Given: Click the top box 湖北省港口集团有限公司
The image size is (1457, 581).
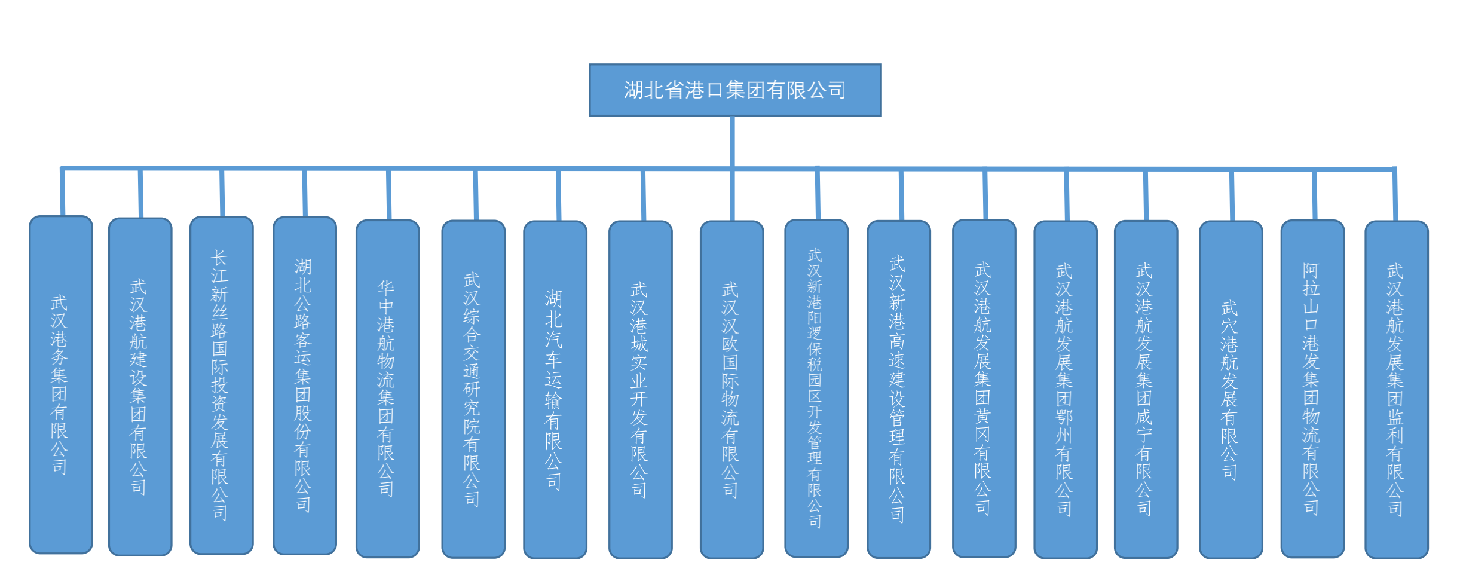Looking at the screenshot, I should coord(734,90).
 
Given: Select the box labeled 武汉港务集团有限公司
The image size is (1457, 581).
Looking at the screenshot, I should coord(61,384).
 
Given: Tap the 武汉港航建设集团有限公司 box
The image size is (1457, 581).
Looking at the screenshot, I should coord(140,387).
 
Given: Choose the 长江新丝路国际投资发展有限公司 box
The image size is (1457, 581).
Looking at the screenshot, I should coord(221,385).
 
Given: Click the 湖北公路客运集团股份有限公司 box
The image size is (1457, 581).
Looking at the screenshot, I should coord(304,386).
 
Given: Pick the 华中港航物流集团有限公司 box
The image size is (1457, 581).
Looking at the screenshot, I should coord(387,389).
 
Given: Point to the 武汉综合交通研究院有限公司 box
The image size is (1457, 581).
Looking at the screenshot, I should coord(473,389).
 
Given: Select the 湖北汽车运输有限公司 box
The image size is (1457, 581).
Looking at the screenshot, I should coord(555,390).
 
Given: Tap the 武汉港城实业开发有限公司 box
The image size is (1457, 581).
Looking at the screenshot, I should coord(640,390).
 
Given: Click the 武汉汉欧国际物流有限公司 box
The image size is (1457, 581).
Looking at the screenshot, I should coord(731,390).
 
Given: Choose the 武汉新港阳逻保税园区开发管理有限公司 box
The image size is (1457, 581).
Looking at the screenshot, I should coord(816,388).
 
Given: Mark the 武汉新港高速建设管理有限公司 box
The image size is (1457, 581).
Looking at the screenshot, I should coord(898,389).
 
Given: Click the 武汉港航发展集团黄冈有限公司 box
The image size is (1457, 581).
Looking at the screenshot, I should coord(984,389).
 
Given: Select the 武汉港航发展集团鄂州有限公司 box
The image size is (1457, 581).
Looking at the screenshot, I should coord(1065,390).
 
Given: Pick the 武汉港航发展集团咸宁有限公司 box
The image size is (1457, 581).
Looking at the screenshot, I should coord(1146,389).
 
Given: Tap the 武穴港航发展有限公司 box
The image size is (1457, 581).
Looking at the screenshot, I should coord(1231,390).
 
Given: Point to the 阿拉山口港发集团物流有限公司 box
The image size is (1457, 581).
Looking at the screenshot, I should coord(1312,389).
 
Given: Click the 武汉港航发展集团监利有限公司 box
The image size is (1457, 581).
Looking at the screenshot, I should coord(1396,390).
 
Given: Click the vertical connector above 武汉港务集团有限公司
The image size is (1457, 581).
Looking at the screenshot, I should coord(62,192).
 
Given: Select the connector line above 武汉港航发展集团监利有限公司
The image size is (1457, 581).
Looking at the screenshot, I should coord(1395,195).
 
